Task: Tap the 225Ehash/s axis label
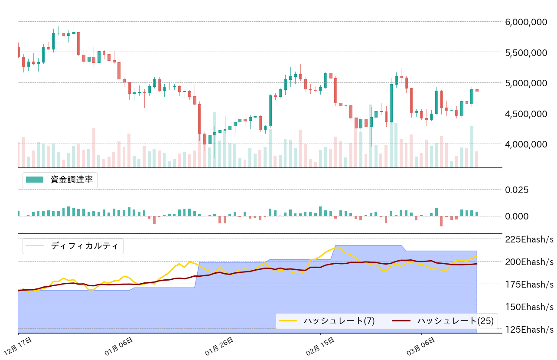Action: tap(529, 239)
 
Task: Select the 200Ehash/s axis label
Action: tap(529, 262)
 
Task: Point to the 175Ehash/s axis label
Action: tap(529, 285)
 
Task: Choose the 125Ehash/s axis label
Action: tap(529, 329)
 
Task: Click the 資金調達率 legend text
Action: tap(72, 180)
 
